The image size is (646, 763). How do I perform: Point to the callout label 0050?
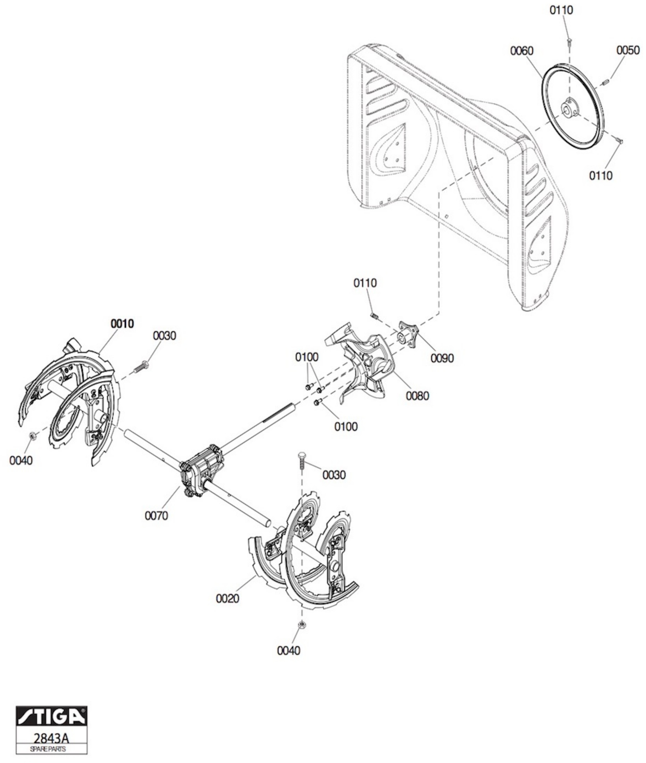pyautogui.click(x=628, y=50)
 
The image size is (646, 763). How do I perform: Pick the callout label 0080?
pyautogui.click(x=418, y=396)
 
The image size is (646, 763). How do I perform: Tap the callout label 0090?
pyautogui.click(x=442, y=358)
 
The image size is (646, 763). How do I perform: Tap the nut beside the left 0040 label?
pyautogui.click(x=32, y=435)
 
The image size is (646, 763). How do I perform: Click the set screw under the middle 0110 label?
pyautogui.click(x=374, y=315)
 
